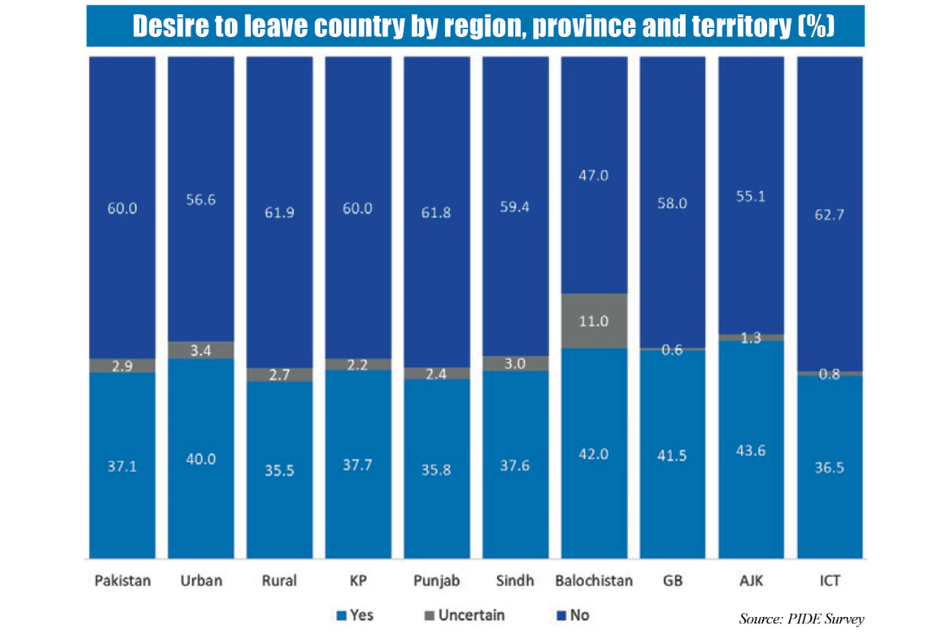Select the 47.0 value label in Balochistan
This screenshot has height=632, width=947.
[x=594, y=175]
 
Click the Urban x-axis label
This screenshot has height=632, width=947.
[x=200, y=581]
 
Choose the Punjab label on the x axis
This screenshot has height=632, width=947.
[x=436, y=581]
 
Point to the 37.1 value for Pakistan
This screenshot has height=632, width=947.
[x=122, y=467]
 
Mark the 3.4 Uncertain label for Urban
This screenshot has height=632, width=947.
[x=200, y=350]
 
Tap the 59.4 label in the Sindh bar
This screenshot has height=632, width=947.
[x=515, y=209]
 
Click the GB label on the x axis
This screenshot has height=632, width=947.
[x=672, y=581]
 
